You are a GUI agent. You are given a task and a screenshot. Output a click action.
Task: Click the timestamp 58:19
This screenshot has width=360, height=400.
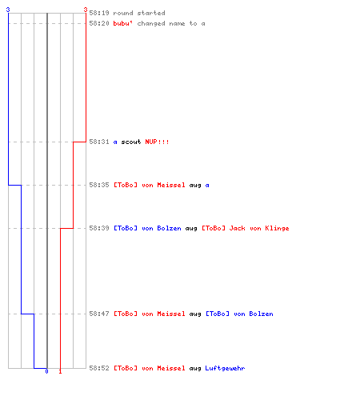point(99,13)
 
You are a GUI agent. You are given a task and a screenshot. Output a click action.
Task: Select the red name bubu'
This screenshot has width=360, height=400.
point(123,23)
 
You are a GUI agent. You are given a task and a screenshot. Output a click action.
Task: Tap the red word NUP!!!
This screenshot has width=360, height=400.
point(157,142)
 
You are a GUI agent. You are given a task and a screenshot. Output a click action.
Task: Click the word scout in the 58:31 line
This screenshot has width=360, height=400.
point(131,142)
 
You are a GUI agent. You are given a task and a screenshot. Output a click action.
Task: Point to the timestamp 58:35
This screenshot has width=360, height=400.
point(99,185)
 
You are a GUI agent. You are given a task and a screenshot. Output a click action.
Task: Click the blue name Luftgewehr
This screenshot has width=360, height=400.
point(225,368)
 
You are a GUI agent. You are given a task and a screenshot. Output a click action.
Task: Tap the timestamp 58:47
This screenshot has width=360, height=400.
point(99,314)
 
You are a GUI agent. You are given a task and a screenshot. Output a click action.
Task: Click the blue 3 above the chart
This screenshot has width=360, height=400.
point(8,10)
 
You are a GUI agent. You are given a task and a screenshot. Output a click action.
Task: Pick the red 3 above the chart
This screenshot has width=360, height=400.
point(86,10)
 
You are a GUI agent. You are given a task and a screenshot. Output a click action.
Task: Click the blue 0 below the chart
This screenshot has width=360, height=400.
point(46,371)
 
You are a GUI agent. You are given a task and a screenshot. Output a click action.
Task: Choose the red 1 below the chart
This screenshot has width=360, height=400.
point(60,371)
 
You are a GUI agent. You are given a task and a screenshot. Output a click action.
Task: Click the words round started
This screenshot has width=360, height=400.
point(139,13)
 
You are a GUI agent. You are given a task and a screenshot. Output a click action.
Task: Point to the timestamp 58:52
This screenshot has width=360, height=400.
point(99,368)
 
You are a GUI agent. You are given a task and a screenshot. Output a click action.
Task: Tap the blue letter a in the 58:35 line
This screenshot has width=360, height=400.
point(207,186)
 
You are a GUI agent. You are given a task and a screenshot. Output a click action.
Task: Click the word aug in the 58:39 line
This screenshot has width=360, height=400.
point(191,229)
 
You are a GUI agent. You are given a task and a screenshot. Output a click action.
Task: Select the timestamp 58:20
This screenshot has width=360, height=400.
point(99,23)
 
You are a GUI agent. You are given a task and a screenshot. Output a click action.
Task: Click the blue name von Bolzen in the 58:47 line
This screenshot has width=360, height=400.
point(254,314)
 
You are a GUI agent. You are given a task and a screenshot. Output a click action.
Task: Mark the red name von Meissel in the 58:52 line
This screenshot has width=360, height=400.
point(163,368)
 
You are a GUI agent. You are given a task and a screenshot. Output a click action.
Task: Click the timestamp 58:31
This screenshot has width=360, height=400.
point(99,142)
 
